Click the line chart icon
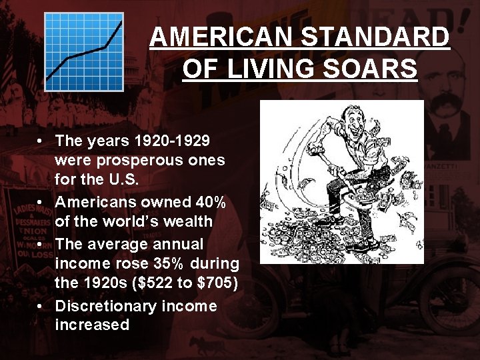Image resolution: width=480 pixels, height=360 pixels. [x=84, y=51]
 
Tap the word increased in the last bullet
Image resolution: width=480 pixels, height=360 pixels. [x=92, y=325]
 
